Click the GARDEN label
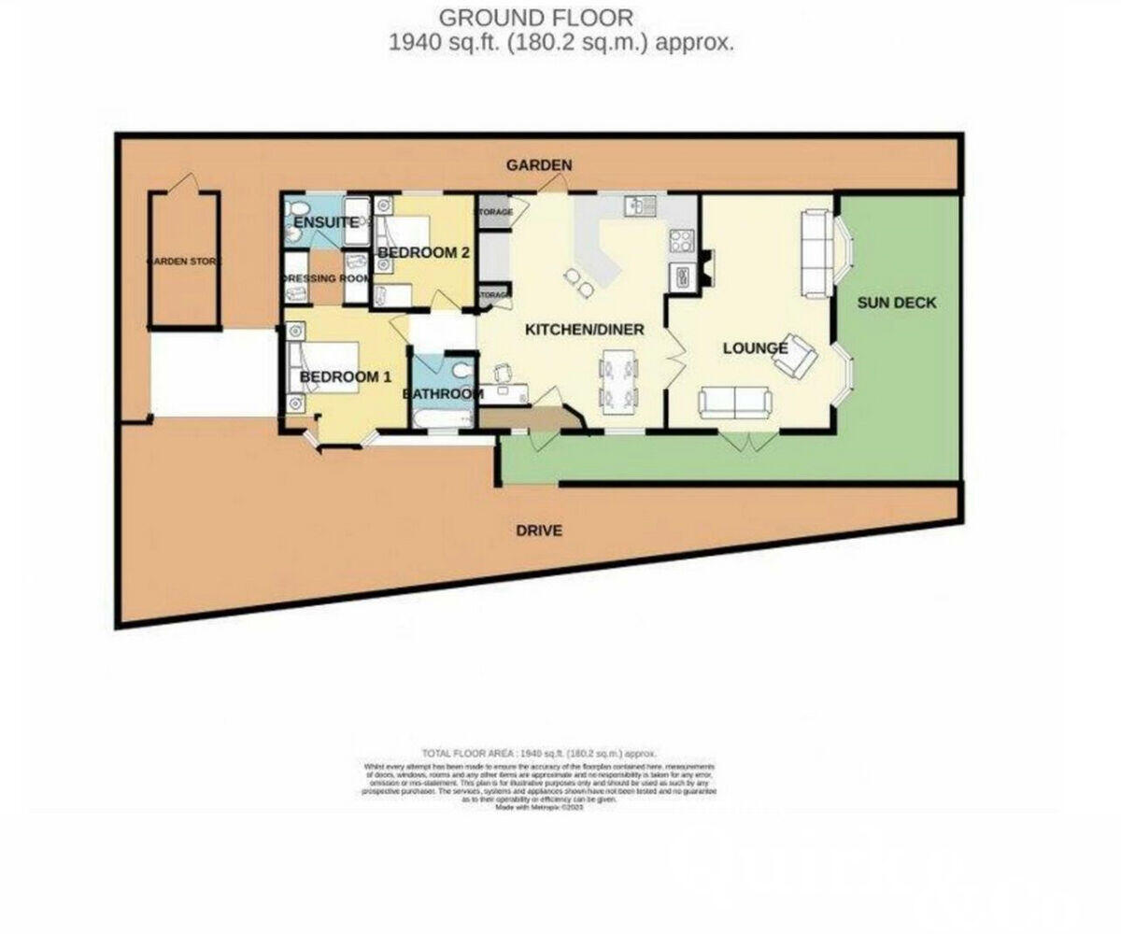(x=539, y=165)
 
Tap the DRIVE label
(x=539, y=531)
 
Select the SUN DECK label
(x=897, y=303)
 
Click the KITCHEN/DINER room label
(x=584, y=330)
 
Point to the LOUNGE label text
(x=754, y=348)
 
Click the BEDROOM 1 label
(x=345, y=376)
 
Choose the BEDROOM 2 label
(x=422, y=252)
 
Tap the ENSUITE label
(x=325, y=222)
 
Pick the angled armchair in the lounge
(x=796, y=355)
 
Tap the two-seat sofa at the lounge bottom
(x=735, y=403)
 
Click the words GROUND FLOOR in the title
(x=536, y=17)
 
